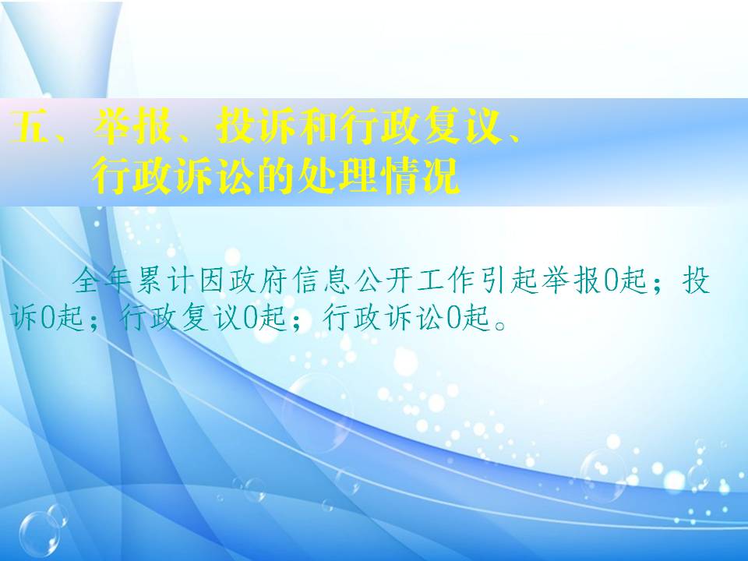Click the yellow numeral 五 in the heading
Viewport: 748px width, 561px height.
tap(29, 126)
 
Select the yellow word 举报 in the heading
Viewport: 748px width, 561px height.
tap(132, 126)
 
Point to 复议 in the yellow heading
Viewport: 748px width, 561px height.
tap(463, 126)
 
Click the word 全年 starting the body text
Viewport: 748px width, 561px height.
tap(101, 280)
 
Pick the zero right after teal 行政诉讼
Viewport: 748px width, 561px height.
tap(454, 318)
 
